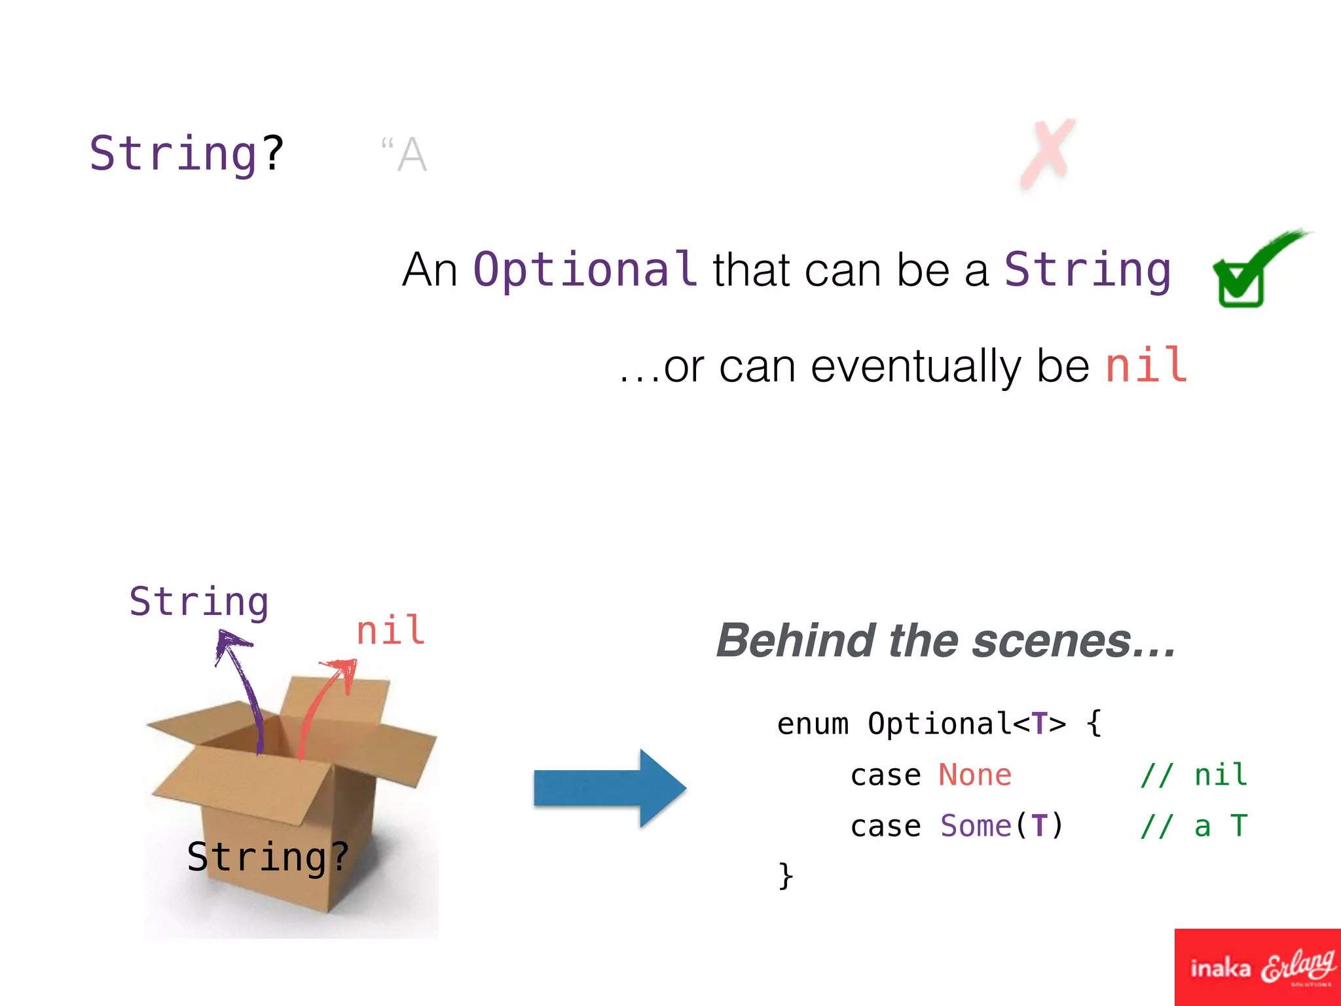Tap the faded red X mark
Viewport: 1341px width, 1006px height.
(x=1048, y=154)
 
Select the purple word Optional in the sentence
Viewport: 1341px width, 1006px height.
(x=585, y=270)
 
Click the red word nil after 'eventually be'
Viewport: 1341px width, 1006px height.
(x=1146, y=365)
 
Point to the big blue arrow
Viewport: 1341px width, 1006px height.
(x=609, y=788)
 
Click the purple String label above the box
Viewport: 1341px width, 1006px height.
(x=198, y=602)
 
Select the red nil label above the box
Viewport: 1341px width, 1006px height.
(x=391, y=631)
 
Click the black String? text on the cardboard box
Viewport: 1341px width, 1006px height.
(x=268, y=857)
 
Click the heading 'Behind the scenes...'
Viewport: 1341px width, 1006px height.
(x=946, y=641)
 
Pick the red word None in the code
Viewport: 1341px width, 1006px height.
(x=975, y=775)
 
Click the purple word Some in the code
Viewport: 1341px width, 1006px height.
(x=976, y=826)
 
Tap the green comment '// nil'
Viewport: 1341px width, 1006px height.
(x=1193, y=775)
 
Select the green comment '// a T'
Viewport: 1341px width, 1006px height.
(x=1193, y=826)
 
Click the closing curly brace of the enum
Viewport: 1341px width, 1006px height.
(x=785, y=875)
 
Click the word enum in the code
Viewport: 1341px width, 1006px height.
(x=813, y=724)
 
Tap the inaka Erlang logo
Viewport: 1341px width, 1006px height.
(x=1258, y=967)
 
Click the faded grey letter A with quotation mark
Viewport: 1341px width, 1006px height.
(x=405, y=155)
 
